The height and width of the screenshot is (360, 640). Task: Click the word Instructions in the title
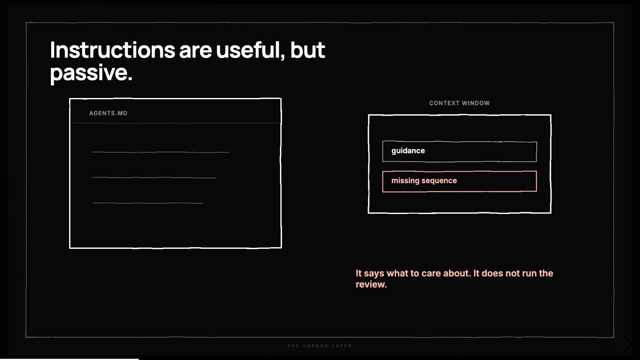click(112, 50)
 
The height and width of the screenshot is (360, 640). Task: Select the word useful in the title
click(250, 50)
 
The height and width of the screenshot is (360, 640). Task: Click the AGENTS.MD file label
click(108, 113)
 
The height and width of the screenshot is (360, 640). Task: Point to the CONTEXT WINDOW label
click(460, 103)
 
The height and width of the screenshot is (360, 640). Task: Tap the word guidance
click(408, 151)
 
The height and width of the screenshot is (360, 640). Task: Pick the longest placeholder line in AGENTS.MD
click(160, 152)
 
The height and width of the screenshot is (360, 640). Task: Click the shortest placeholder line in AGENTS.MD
click(148, 203)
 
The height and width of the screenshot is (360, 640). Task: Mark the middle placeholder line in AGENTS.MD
click(154, 178)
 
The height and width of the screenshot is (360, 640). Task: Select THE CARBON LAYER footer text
click(320, 346)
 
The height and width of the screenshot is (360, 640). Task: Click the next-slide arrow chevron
click(628, 344)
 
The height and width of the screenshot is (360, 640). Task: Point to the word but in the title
click(308, 50)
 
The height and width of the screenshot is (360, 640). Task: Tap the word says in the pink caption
click(374, 274)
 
